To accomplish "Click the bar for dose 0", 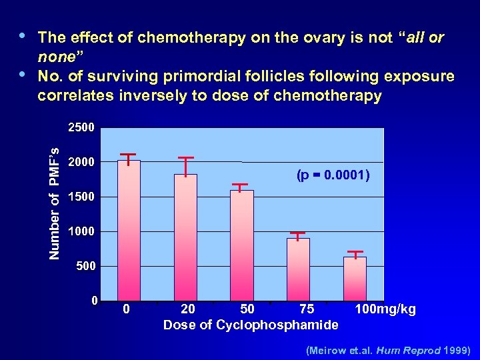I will [129, 230].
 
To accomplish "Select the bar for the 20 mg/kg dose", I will [185, 237].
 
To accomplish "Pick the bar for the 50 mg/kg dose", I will [241, 245].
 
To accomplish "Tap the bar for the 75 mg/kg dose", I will [298, 269].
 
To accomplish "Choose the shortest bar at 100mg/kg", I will [355, 278].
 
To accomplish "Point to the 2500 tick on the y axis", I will [84, 127].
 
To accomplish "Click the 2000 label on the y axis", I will [84, 162].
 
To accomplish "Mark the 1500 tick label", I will [84, 197].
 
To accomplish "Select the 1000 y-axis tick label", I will [84, 231].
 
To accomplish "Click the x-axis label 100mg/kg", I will [385, 309].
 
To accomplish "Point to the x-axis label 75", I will [307, 309].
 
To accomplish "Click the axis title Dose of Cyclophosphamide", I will [251, 325].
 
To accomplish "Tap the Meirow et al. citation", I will [388, 349].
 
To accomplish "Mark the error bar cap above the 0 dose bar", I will [128, 154].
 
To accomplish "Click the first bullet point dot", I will [24, 36].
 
